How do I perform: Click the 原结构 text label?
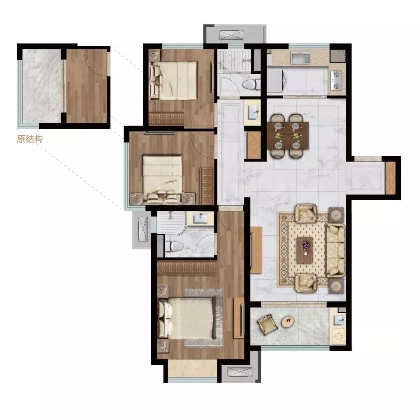click(x=30, y=139)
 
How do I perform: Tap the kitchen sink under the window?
click(x=300, y=58)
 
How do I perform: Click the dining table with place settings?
click(x=288, y=136)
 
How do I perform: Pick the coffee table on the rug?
click(x=305, y=250)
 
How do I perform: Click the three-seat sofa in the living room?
click(x=336, y=250)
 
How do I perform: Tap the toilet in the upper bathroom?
click(x=251, y=84)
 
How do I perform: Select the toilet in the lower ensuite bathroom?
click(x=173, y=246)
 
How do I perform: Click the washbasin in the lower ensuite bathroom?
click(x=200, y=218)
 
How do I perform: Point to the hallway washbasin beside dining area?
click(x=253, y=112)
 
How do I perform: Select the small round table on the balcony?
click(x=288, y=321)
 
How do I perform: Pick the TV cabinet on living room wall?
click(x=256, y=250)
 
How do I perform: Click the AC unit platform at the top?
click(x=231, y=35)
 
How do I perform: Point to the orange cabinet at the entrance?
click(x=390, y=178)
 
